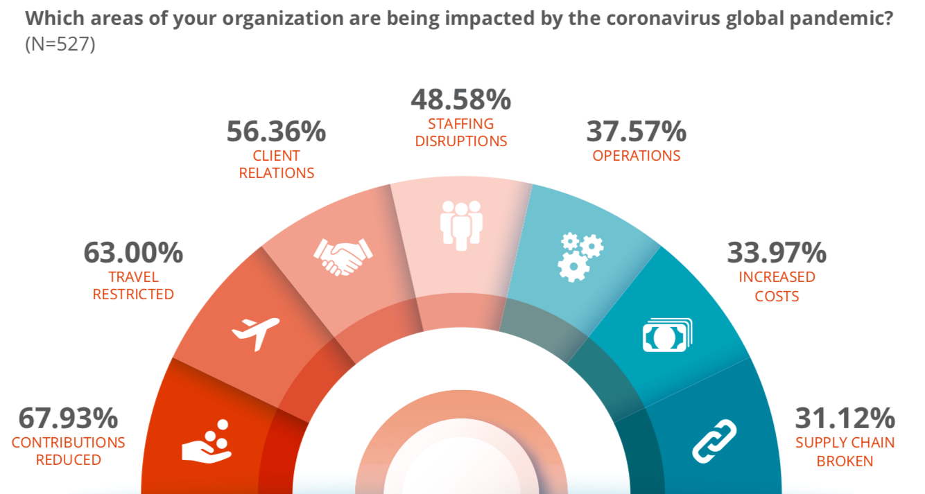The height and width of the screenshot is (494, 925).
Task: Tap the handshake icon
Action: (x=343, y=256)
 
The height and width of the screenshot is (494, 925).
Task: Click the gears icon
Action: (x=580, y=256)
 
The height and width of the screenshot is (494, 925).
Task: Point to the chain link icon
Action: (x=714, y=441)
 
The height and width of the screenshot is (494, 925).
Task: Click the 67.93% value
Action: (x=68, y=418)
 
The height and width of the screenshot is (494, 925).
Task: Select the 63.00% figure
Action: (x=133, y=253)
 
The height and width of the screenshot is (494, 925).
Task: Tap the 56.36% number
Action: (x=276, y=132)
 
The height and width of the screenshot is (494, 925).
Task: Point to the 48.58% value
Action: (x=461, y=100)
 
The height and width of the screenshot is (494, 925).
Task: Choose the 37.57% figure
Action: (x=636, y=132)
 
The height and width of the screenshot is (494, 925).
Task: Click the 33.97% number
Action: (x=777, y=253)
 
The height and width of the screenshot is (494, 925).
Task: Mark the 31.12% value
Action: (x=845, y=418)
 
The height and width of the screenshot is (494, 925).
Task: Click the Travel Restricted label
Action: (x=133, y=285)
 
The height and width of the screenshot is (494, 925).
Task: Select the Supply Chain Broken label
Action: (x=845, y=451)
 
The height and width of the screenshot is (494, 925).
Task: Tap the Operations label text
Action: (x=636, y=155)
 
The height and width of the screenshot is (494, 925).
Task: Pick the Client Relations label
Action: (x=276, y=164)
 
